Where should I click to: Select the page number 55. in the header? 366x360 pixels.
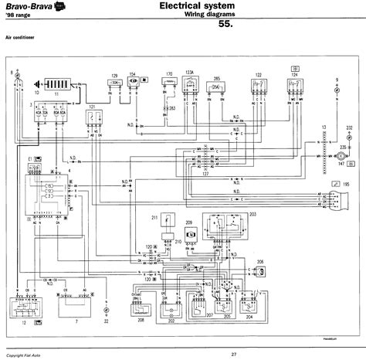click(226, 25)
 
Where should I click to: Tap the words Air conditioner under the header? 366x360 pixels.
click(22, 37)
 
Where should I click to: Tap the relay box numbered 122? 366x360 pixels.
click(258, 87)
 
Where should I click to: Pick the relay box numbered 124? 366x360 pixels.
click(294, 86)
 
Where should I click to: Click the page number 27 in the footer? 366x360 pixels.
click(188, 354)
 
